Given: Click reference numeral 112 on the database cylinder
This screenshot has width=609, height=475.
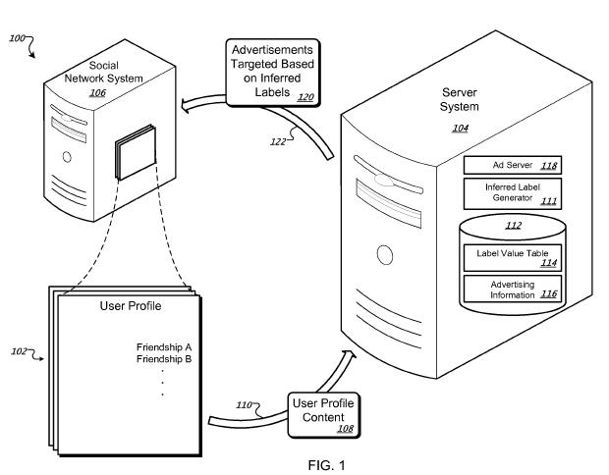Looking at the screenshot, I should coord(512,227).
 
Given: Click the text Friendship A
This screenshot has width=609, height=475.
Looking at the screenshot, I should coord(162,346).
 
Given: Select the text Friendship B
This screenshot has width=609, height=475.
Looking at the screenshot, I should coord(162,360).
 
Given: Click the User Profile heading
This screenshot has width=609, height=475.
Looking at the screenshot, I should coord(130,306).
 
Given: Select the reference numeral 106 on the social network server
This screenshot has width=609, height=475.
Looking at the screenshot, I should coord(97,93).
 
